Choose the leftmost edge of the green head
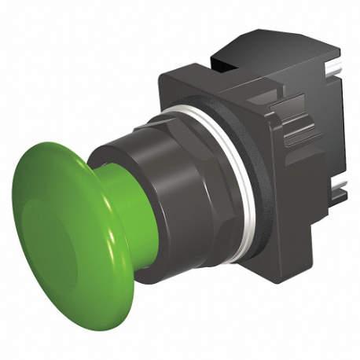tap(13, 212)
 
